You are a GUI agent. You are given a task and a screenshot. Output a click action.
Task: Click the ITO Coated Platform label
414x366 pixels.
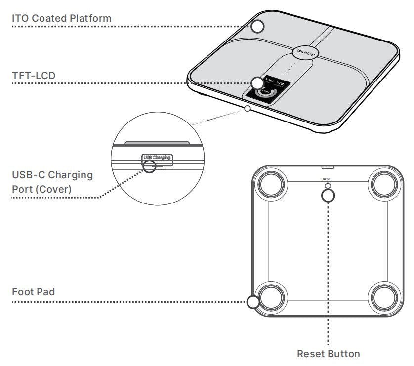(x=62, y=18)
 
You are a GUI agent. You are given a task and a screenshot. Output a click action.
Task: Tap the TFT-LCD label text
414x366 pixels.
(x=34, y=76)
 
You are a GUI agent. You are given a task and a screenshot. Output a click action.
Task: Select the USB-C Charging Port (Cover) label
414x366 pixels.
(x=52, y=182)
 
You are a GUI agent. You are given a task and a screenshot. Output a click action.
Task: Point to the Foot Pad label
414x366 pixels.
(x=33, y=292)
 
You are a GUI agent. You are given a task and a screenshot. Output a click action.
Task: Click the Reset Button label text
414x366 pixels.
(x=329, y=354)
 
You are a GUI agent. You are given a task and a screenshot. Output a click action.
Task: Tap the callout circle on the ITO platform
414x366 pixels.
(x=258, y=26)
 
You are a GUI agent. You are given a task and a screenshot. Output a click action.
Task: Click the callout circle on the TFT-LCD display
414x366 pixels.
(x=257, y=83)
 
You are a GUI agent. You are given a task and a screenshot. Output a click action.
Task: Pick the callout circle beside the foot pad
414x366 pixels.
(x=253, y=302)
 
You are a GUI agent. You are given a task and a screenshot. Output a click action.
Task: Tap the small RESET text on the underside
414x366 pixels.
(x=328, y=179)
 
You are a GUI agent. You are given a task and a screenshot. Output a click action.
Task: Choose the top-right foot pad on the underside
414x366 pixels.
(x=384, y=185)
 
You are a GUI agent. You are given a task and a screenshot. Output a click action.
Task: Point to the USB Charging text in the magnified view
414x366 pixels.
(x=157, y=158)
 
